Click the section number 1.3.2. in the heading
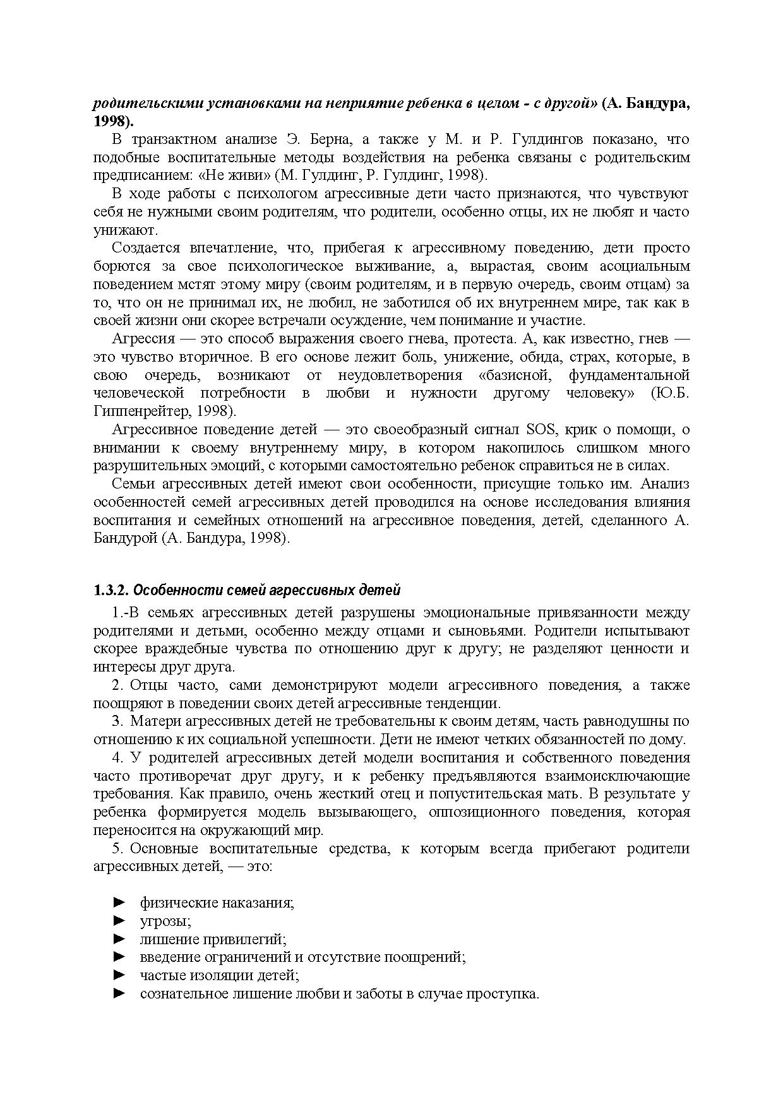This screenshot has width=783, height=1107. click(x=111, y=591)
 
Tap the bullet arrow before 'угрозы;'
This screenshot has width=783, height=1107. click(x=119, y=921)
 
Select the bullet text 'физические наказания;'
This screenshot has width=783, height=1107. click(x=217, y=903)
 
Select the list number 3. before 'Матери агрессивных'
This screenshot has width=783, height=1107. click(x=117, y=721)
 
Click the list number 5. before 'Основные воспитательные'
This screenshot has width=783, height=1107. click(x=117, y=849)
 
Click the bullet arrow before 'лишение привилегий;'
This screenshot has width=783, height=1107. click(x=119, y=939)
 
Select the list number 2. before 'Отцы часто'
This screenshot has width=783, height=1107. click(x=117, y=685)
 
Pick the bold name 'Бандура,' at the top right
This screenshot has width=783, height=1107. click(x=657, y=104)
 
